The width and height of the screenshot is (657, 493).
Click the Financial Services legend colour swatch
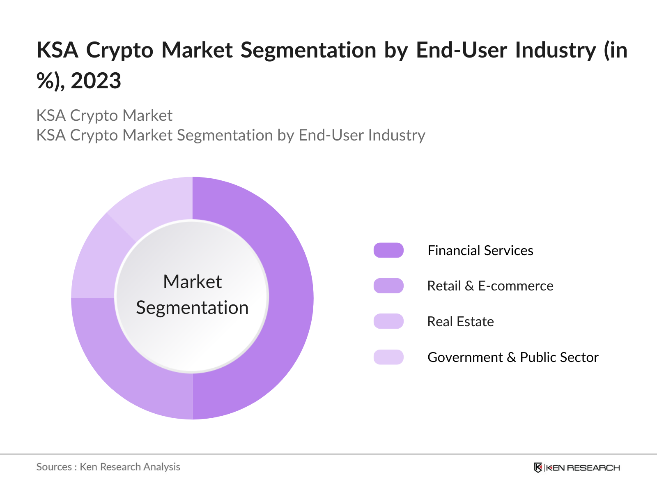click(x=388, y=250)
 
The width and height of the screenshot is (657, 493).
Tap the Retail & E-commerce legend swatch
click(x=388, y=286)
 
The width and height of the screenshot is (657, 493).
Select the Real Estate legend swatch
click(x=388, y=321)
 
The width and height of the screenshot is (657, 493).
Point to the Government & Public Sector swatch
click(x=388, y=357)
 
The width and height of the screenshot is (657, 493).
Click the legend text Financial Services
click(x=480, y=250)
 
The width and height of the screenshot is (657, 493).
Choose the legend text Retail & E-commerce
click(x=490, y=286)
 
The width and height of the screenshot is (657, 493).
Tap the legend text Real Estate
click(x=460, y=321)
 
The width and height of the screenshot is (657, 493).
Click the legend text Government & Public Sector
click(x=513, y=357)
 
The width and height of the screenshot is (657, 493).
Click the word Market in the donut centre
click(x=192, y=282)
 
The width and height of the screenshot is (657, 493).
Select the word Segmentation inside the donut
click(x=192, y=308)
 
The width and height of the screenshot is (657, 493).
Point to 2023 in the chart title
click(x=96, y=81)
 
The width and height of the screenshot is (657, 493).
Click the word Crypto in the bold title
click(x=119, y=50)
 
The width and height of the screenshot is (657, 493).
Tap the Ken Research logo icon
click(x=538, y=468)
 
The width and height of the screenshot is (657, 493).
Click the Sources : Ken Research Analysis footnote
click(x=108, y=467)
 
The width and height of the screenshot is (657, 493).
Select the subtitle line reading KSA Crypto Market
click(x=104, y=115)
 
